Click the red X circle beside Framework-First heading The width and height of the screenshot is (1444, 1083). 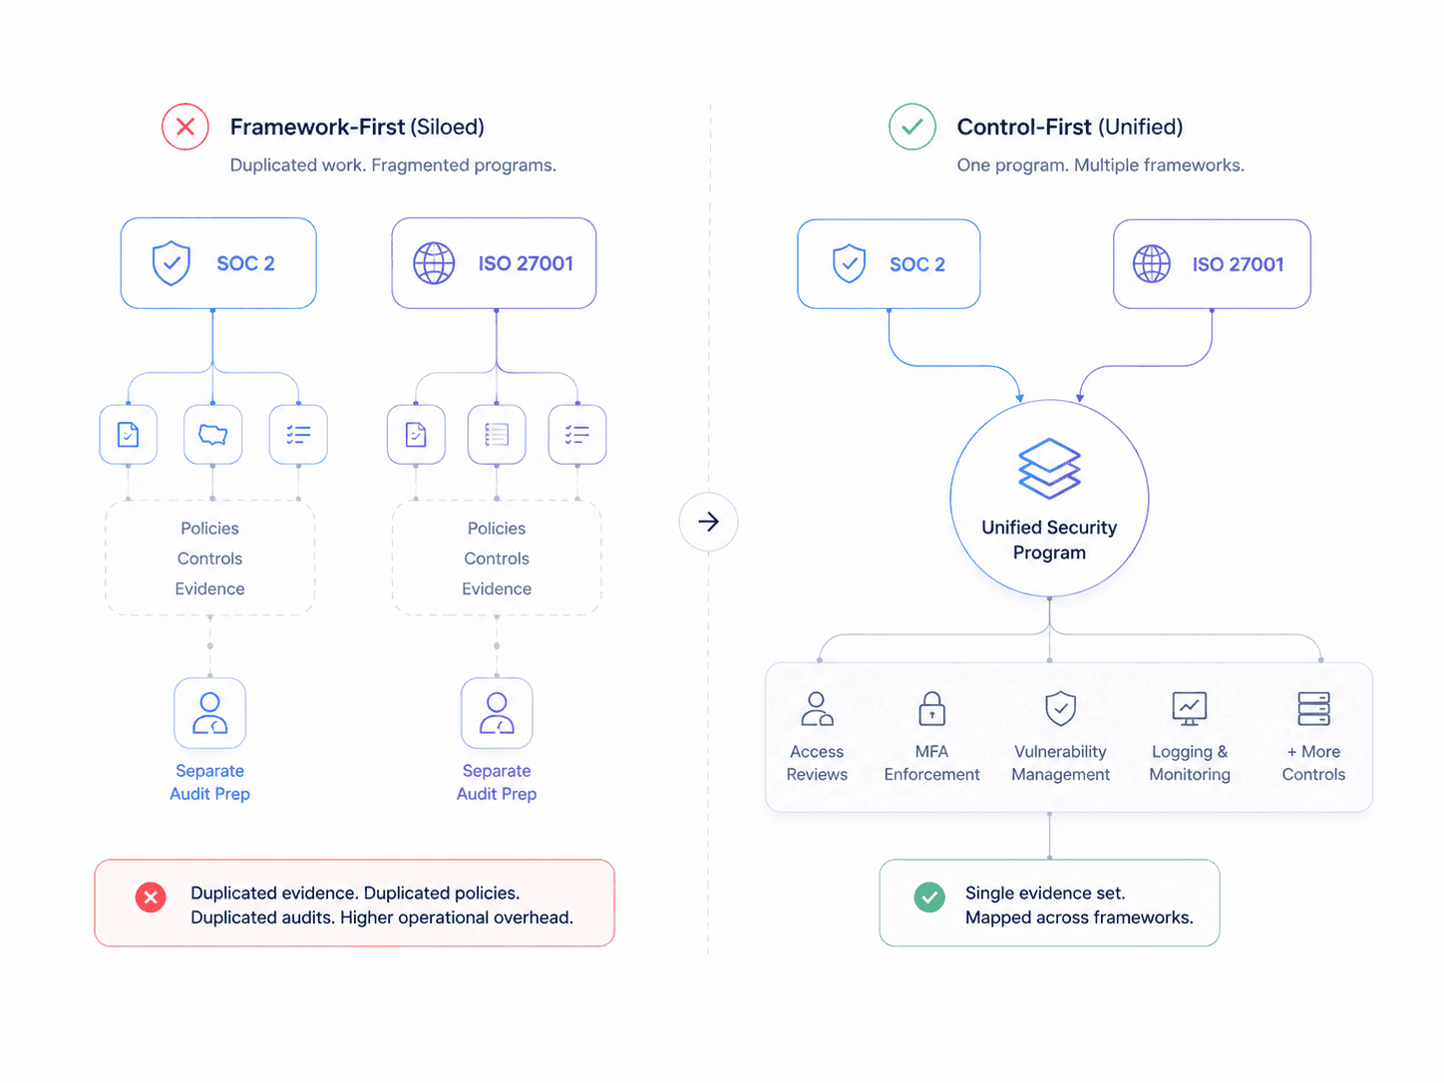185,127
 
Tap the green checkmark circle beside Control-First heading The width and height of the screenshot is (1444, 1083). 911,127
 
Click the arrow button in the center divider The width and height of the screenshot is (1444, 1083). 708,522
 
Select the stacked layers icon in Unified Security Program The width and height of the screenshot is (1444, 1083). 1049,468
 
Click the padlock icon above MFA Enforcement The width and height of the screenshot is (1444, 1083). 931,708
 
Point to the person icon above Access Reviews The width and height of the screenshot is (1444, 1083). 817,708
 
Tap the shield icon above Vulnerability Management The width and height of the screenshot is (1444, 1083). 1060,708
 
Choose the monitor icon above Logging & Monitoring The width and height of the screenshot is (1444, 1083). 1190,708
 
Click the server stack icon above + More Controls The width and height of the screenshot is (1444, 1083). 1313,708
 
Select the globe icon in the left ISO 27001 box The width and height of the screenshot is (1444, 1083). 434,263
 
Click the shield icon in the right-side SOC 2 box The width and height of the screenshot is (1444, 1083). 850,263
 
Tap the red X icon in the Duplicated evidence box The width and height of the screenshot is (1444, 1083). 151,897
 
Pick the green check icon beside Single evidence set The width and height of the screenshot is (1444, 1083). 929,897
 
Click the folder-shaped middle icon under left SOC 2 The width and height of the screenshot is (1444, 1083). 212,434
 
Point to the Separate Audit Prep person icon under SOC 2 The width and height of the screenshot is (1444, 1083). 209,713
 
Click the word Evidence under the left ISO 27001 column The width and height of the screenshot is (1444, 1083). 496,588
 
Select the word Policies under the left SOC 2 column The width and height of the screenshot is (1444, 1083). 209,528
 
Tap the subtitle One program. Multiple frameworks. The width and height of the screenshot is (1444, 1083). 1100,165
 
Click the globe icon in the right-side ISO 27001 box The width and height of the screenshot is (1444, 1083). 1151,263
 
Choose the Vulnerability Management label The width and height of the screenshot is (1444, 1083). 1060,763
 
